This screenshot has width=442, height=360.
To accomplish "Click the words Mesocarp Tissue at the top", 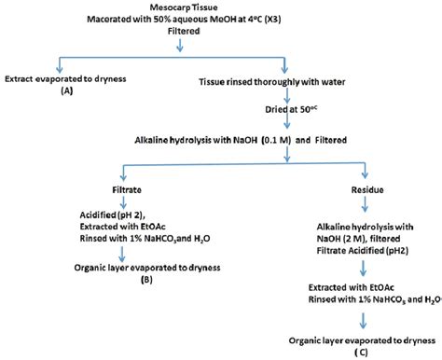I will [x=221, y=7].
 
